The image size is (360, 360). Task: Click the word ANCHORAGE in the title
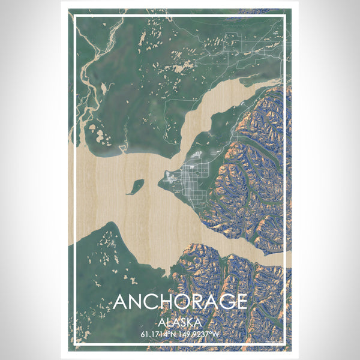(180, 301)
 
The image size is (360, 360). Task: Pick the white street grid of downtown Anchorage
(191, 180)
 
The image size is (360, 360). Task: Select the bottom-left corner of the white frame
(74, 346)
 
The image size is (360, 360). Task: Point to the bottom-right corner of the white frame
(286, 346)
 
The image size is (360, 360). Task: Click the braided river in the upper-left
(90, 60)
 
